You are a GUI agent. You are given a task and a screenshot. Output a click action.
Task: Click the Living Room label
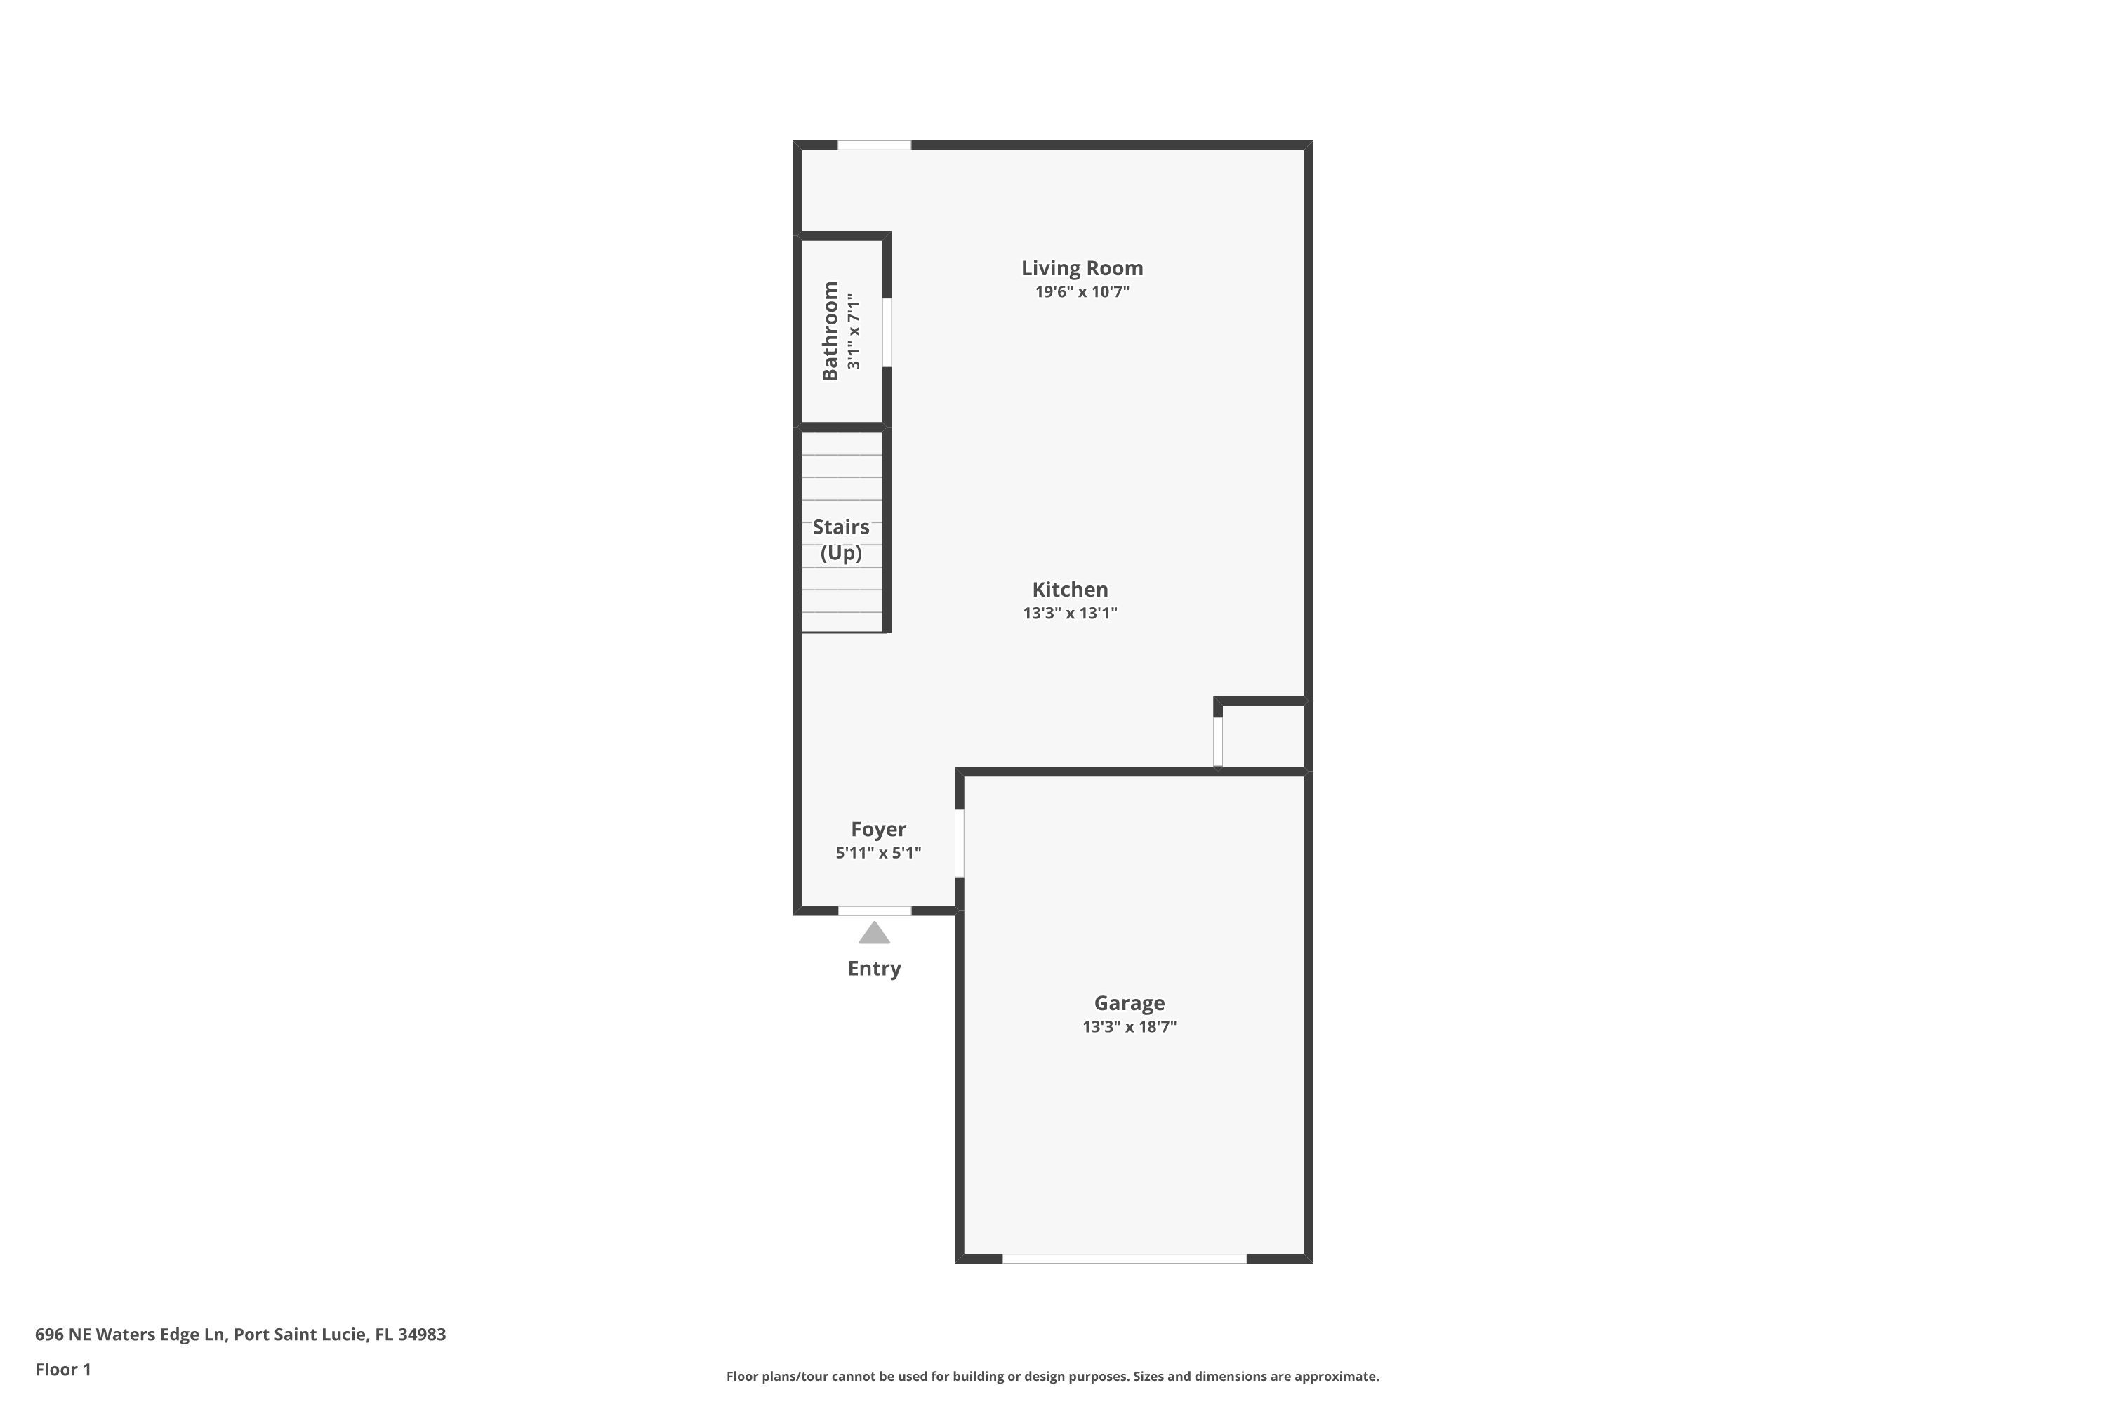pos(1082,267)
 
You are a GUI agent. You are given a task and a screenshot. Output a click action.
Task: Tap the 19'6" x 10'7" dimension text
pos(1082,292)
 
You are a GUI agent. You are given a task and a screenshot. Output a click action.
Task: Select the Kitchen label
pos(1069,589)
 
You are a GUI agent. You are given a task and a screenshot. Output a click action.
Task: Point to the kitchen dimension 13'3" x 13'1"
pos(1069,614)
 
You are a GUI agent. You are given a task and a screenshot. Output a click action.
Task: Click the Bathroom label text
pos(830,331)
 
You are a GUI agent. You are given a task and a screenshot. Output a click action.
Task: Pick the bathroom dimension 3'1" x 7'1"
pos(854,331)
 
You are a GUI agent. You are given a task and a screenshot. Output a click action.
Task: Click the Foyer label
pos(877,829)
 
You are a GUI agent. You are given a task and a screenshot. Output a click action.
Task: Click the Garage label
pos(1128,1003)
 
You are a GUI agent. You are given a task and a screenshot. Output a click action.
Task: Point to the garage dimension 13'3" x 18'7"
pos(1128,1027)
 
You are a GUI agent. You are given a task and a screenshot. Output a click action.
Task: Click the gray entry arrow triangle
pos(874,934)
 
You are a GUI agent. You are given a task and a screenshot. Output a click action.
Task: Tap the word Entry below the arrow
pos(874,969)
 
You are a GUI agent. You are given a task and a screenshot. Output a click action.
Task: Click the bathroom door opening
pos(887,332)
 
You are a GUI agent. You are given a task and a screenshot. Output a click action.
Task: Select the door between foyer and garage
pos(959,844)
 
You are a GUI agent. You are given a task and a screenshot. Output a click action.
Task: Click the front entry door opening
pos(874,910)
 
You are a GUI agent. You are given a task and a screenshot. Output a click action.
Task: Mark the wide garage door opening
pos(1124,1259)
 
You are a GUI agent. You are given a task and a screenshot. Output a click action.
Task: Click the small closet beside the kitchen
pos(1262,736)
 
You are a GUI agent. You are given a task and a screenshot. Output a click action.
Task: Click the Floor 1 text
pos(62,1369)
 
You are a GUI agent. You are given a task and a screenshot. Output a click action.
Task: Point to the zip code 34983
pos(422,1335)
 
